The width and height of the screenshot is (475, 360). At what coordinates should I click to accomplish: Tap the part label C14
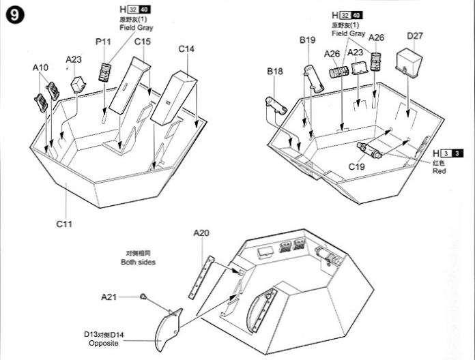[x=186, y=49]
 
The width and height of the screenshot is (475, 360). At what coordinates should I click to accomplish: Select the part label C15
[x=142, y=42]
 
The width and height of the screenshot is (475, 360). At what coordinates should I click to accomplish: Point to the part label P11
[x=103, y=42]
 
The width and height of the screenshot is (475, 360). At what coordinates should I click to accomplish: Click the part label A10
[x=40, y=67]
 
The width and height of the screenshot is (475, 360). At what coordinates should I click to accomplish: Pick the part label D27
[x=415, y=35]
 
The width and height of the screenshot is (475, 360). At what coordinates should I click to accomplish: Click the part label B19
[x=307, y=40]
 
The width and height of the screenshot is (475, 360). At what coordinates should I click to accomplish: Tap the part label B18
[x=274, y=71]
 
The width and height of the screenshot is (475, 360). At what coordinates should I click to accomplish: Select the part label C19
[x=357, y=166]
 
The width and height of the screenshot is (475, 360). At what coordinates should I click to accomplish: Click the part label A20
[x=201, y=233]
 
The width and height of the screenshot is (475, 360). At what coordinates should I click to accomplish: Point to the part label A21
[x=109, y=297]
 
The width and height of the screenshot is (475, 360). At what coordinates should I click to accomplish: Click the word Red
[x=439, y=171]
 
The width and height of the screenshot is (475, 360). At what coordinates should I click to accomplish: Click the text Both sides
[x=139, y=262]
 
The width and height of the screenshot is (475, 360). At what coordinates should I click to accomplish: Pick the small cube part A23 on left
[x=78, y=84]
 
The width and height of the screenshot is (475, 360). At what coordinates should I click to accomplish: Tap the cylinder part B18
[x=277, y=104]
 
